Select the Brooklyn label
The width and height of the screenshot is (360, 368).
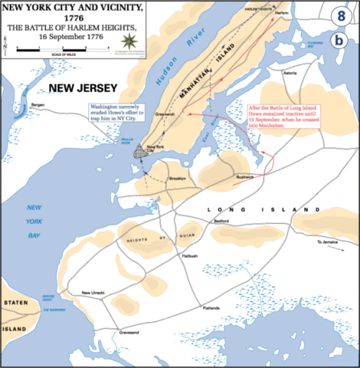[178, 178]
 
